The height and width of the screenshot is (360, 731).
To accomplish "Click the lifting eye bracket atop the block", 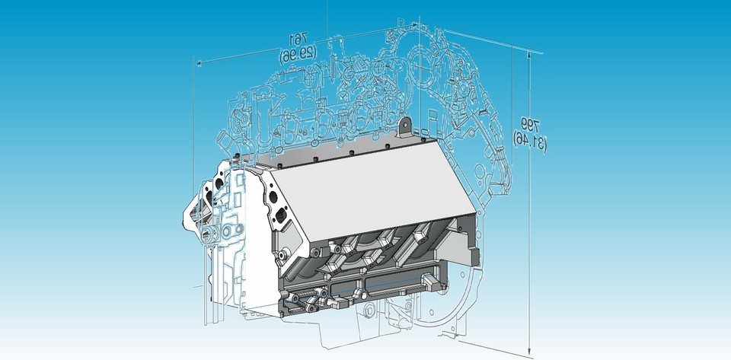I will pos(405,123).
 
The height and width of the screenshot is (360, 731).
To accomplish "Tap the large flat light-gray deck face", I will pos(373,190).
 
